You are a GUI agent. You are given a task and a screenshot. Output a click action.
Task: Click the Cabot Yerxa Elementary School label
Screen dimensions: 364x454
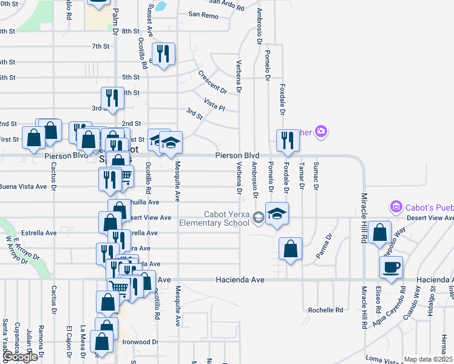214,218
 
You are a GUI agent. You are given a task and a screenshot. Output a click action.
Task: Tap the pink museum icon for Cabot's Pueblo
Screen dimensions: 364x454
397,207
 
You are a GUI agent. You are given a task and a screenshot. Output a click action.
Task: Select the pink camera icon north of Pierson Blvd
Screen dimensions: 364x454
321,130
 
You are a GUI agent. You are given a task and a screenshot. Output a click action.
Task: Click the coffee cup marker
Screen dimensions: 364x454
391,266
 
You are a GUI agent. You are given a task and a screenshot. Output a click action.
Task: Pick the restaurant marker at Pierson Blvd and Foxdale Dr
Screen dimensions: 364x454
287,140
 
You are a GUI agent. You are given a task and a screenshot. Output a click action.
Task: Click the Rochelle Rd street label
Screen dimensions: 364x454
325,310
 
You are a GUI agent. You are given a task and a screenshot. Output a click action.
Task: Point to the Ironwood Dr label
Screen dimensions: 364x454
140,342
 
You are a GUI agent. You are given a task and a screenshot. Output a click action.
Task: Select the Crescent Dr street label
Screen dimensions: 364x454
212,83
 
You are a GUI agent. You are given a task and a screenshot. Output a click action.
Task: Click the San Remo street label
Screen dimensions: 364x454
203,14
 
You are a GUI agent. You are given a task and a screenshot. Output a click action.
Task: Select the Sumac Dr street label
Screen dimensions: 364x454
315,175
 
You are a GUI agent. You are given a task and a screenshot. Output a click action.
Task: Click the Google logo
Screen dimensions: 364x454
19,357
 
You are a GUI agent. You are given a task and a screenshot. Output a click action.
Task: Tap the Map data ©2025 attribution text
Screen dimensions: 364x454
429,359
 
